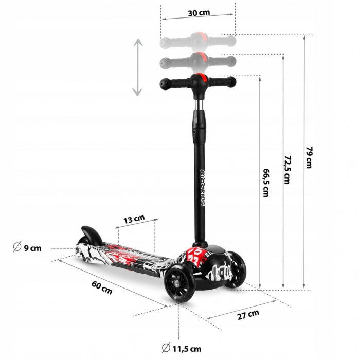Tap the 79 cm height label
pyautogui.click(x=309, y=157)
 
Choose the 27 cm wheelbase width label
pyautogui.click(x=247, y=315)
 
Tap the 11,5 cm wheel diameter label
pyautogui.click(x=186, y=349)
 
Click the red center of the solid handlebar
pyautogui.click(x=201, y=81)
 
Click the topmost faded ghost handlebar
pyautogui.click(x=198, y=40)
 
